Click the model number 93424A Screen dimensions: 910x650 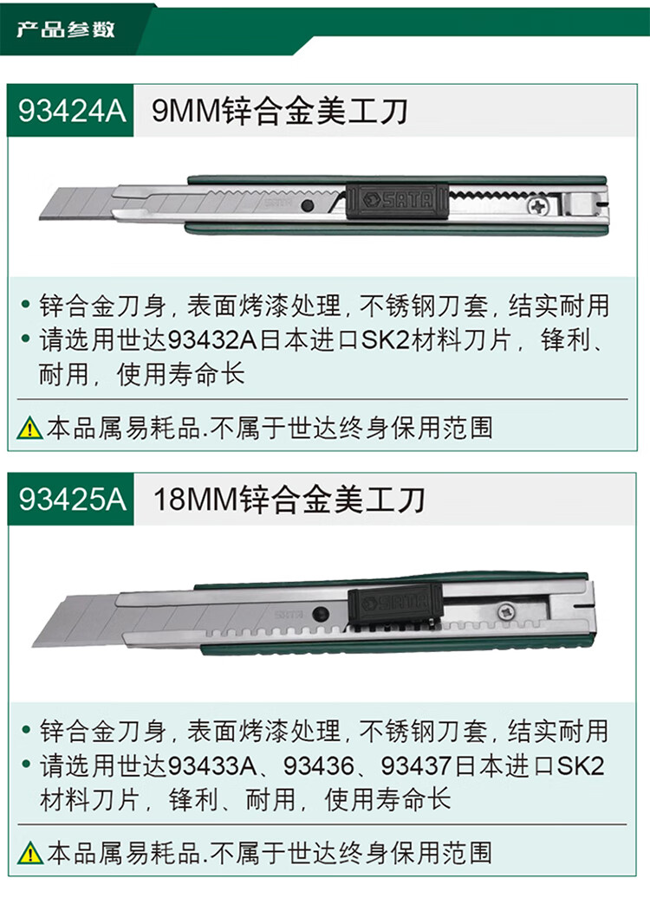(71, 112)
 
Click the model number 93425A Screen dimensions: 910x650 (71, 500)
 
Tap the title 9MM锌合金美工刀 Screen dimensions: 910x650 (279, 112)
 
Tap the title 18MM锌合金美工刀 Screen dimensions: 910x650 (289, 500)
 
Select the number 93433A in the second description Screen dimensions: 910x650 (211, 765)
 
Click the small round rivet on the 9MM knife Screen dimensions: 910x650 (307, 206)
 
